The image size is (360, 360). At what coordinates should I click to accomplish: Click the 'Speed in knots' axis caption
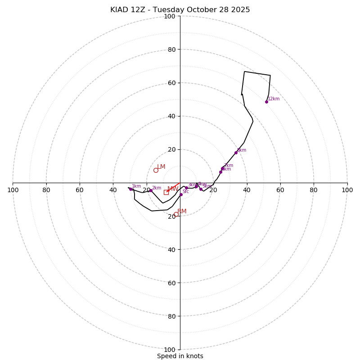point(180,356)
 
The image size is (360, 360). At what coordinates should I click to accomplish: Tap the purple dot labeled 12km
point(266,102)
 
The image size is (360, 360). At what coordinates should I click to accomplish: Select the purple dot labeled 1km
point(131,189)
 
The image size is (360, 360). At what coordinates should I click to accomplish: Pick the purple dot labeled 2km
point(151,191)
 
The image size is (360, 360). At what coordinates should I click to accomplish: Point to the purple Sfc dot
point(181,194)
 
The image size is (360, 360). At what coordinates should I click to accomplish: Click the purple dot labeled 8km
point(236,153)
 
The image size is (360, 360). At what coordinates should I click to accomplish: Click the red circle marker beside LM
point(156,170)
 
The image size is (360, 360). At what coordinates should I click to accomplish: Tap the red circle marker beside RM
point(176,214)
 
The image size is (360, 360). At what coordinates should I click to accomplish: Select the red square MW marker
point(166,192)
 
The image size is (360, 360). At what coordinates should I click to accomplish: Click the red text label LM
point(161,167)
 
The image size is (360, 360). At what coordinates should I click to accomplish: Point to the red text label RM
point(182,211)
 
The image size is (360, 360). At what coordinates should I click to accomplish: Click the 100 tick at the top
point(170,16)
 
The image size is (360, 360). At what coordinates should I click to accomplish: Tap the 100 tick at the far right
point(347,190)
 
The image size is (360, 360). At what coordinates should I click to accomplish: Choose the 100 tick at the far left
point(13,190)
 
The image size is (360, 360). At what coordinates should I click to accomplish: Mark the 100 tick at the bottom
point(170,350)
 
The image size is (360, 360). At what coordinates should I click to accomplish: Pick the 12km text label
point(274,99)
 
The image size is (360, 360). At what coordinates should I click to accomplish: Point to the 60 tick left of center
point(80,190)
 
